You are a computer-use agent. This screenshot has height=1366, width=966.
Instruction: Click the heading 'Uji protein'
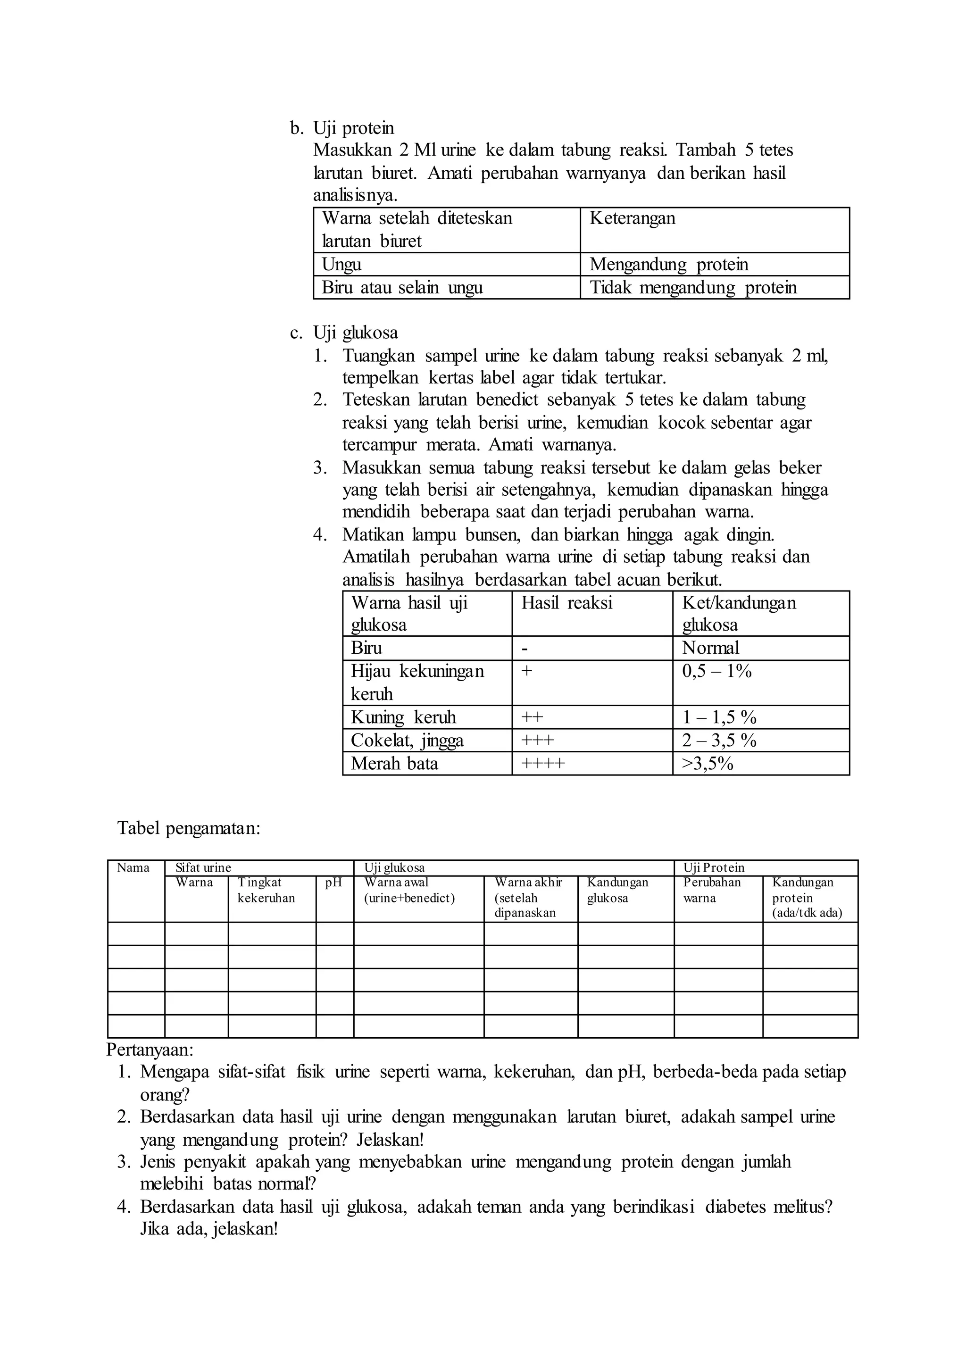(353, 128)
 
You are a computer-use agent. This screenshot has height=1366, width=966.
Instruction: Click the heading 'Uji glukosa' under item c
(355, 333)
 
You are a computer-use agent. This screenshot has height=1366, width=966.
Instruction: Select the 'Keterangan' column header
(633, 218)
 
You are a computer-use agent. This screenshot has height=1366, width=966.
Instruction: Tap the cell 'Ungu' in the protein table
(341, 264)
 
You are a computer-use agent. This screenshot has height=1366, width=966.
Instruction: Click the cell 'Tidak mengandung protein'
(693, 287)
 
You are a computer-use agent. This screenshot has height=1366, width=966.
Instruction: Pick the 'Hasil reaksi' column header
(566, 603)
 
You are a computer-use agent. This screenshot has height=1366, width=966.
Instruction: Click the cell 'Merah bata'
(394, 763)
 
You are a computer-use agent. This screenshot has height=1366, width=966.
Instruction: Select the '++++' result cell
(542, 763)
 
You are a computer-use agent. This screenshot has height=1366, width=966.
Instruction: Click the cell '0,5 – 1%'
(717, 671)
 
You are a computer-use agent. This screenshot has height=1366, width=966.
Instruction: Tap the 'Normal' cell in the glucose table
(710, 648)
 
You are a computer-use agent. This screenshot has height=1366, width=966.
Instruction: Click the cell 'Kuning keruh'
(403, 717)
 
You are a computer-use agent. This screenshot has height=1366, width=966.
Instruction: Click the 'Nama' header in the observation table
(133, 867)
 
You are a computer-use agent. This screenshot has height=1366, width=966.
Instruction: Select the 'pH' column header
(333, 883)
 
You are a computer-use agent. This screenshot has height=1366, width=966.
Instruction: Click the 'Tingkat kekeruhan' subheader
(266, 890)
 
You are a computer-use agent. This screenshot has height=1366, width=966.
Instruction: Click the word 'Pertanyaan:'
(150, 1049)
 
